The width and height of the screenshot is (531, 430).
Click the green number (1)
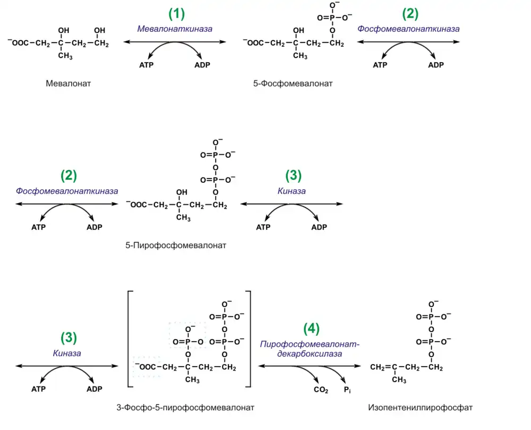click(x=176, y=14)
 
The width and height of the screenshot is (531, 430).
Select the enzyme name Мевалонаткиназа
click(x=175, y=29)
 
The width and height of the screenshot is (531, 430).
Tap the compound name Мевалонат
click(x=68, y=83)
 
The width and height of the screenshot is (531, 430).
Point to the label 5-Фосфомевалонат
click(x=293, y=83)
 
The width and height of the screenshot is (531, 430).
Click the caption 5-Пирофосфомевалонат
click(x=175, y=246)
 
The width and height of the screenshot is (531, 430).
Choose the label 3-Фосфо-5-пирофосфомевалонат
click(x=185, y=408)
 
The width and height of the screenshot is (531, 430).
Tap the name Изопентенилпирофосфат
click(x=419, y=408)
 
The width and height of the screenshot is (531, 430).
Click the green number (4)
click(x=312, y=328)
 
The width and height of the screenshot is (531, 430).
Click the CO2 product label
click(x=320, y=391)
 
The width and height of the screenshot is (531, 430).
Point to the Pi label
click(x=347, y=391)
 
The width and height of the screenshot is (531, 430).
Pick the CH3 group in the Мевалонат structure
click(x=65, y=56)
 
